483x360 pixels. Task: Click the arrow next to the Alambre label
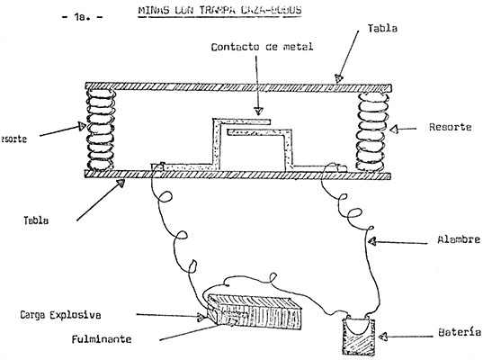[x=396, y=241]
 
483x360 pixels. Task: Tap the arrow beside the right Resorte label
[x=410, y=129]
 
